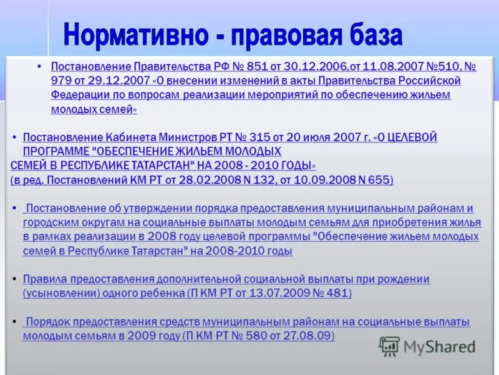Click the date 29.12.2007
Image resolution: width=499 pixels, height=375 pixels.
[x=119, y=81]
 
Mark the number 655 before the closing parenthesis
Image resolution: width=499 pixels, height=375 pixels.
[x=379, y=180]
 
